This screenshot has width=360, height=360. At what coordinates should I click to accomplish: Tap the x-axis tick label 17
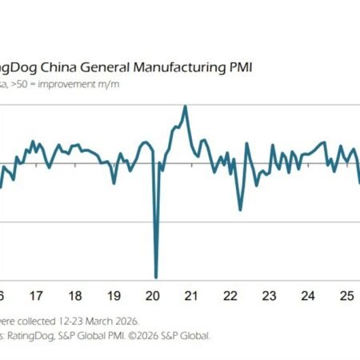pyautogui.click(x=37, y=294)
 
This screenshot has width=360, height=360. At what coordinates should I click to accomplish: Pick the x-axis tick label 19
pyautogui.click(x=114, y=294)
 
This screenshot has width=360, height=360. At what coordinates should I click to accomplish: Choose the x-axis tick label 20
pyautogui.click(x=153, y=294)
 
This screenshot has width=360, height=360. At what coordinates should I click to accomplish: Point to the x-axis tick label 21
pyautogui.click(x=191, y=294)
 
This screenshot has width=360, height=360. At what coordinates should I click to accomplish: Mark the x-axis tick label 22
pyautogui.click(x=230, y=294)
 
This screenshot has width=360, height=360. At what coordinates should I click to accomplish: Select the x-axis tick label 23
pyautogui.click(x=269, y=294)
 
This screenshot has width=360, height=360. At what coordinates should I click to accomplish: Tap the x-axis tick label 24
pyautogui.click(x=307, y=294)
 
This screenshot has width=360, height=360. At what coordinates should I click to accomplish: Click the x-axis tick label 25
pyautogui.click(x=346, y=294)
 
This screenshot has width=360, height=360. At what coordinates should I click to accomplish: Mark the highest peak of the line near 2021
pyautogui.click(x=185, y=106)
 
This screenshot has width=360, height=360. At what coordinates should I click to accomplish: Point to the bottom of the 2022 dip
pyautogui.click(x=240, y=210)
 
